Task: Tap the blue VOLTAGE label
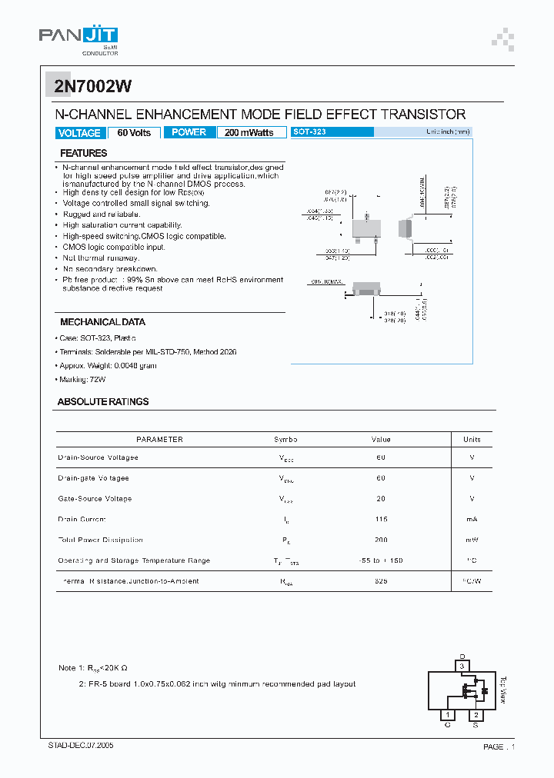click(x=79, y=133)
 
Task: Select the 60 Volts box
click(x=134, y=133)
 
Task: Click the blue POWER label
click(x=189, y=132)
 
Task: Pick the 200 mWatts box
click(x=249, y=133)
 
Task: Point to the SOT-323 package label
click(x=310, y=132)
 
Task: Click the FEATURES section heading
click(x=83, y=154)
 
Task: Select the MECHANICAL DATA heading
click(x=102, y=322)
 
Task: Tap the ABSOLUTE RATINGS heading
click(x=103, y=402)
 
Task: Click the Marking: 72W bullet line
click(x=82, y=380)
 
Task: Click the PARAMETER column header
click(x=159, y=440)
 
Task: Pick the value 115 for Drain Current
click(x=381, y=520)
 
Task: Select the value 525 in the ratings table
click(x=381, y=581)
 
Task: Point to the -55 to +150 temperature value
click(x=381, y=560)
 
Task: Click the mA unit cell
click(x=472, y=520)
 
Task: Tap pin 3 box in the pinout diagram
click(x=462, y=665)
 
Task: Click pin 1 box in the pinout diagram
click(x=447, y=715)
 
